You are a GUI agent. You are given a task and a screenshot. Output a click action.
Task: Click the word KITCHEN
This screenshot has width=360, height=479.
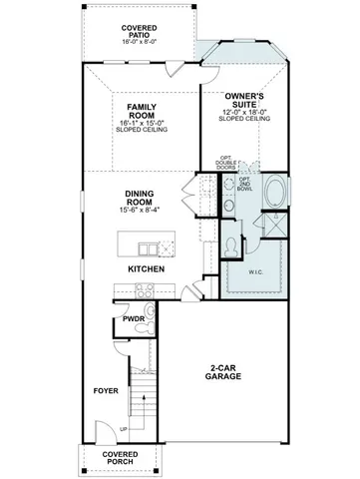(146, 269)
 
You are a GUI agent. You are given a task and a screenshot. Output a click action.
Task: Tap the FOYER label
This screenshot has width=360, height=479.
(105, 390)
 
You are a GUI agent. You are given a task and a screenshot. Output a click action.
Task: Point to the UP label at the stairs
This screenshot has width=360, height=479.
(124, 429)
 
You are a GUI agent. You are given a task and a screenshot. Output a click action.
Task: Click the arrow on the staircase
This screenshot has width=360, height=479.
(146, 399)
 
